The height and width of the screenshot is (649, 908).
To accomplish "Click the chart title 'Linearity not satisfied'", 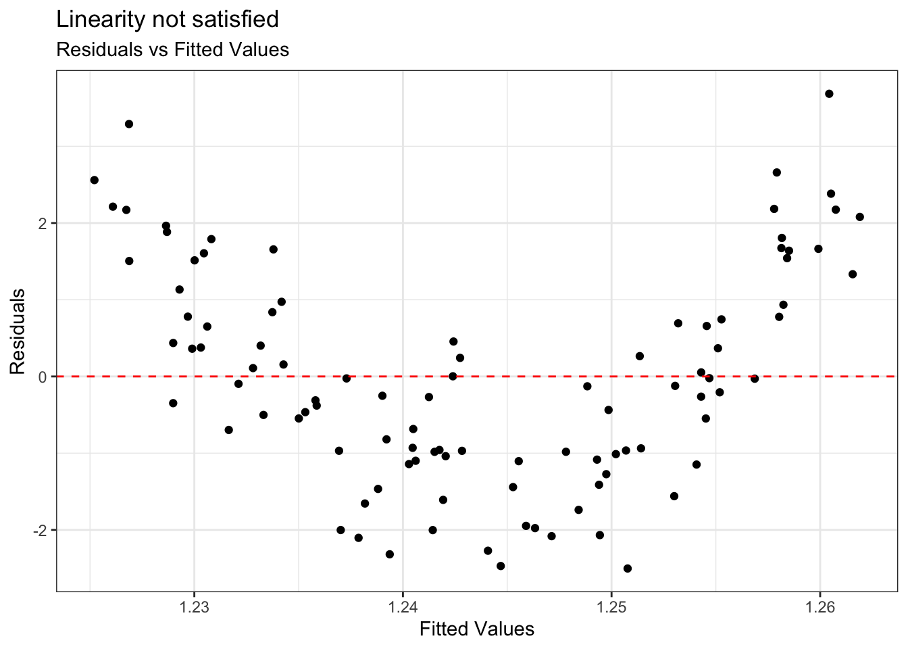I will [x=168, y=20].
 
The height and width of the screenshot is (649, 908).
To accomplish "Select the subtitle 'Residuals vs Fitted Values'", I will [x=172, y=50].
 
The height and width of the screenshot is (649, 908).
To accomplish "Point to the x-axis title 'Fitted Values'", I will [x=476, y=629].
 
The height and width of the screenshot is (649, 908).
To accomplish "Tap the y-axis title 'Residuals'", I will [x=18, y=331].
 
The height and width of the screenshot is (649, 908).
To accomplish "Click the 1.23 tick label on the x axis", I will [x=194, y=606].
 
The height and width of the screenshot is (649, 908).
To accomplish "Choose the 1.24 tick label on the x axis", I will [x=403, y=606].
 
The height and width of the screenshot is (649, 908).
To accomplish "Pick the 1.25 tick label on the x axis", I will [x=611, y=606].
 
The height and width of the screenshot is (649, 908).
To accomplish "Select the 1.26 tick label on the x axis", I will [x=819, y=606].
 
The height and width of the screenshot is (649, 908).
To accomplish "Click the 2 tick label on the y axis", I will [x=43, y=223].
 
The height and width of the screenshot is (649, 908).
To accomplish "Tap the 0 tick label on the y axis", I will [x=43, y=377].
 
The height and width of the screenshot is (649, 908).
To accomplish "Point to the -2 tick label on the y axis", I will [x=40, y=530].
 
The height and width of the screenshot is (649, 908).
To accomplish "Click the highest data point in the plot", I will [x=829, y=94].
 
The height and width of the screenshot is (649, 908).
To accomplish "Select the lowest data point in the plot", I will [x=628, y=569].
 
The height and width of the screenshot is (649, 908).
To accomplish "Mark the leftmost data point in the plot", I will [x=95, y=180].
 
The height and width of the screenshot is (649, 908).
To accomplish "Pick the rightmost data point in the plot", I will [x=859, y=217].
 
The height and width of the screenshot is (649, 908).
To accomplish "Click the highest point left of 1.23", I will [x=129, y=124].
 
